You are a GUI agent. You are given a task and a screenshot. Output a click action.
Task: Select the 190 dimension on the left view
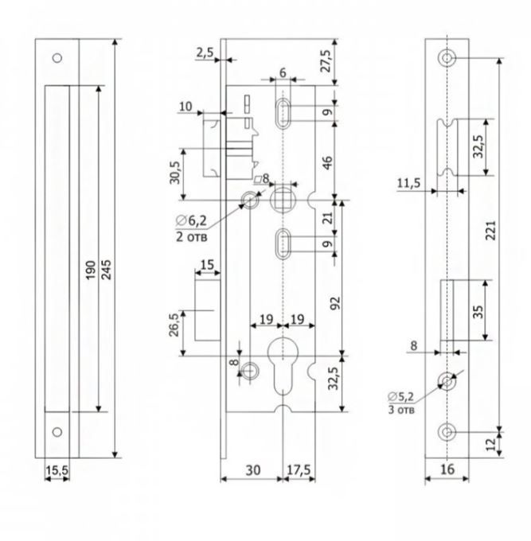[x=91, y=270]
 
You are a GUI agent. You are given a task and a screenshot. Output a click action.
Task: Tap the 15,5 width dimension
[x=56, y=471]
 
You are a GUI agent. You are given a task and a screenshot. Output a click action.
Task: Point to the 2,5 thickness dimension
[x=204, y=53]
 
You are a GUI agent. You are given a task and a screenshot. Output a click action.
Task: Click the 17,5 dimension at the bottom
[x=299, y=470]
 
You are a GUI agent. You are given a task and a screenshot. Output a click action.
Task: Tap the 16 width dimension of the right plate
[x=447, y=470]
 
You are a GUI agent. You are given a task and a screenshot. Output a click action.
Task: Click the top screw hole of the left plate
[x=56, y=58]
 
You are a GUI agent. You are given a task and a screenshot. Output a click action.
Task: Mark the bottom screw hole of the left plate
[x=56, y=431]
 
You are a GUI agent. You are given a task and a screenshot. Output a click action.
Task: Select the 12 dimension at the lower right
[x=491, y=440]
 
